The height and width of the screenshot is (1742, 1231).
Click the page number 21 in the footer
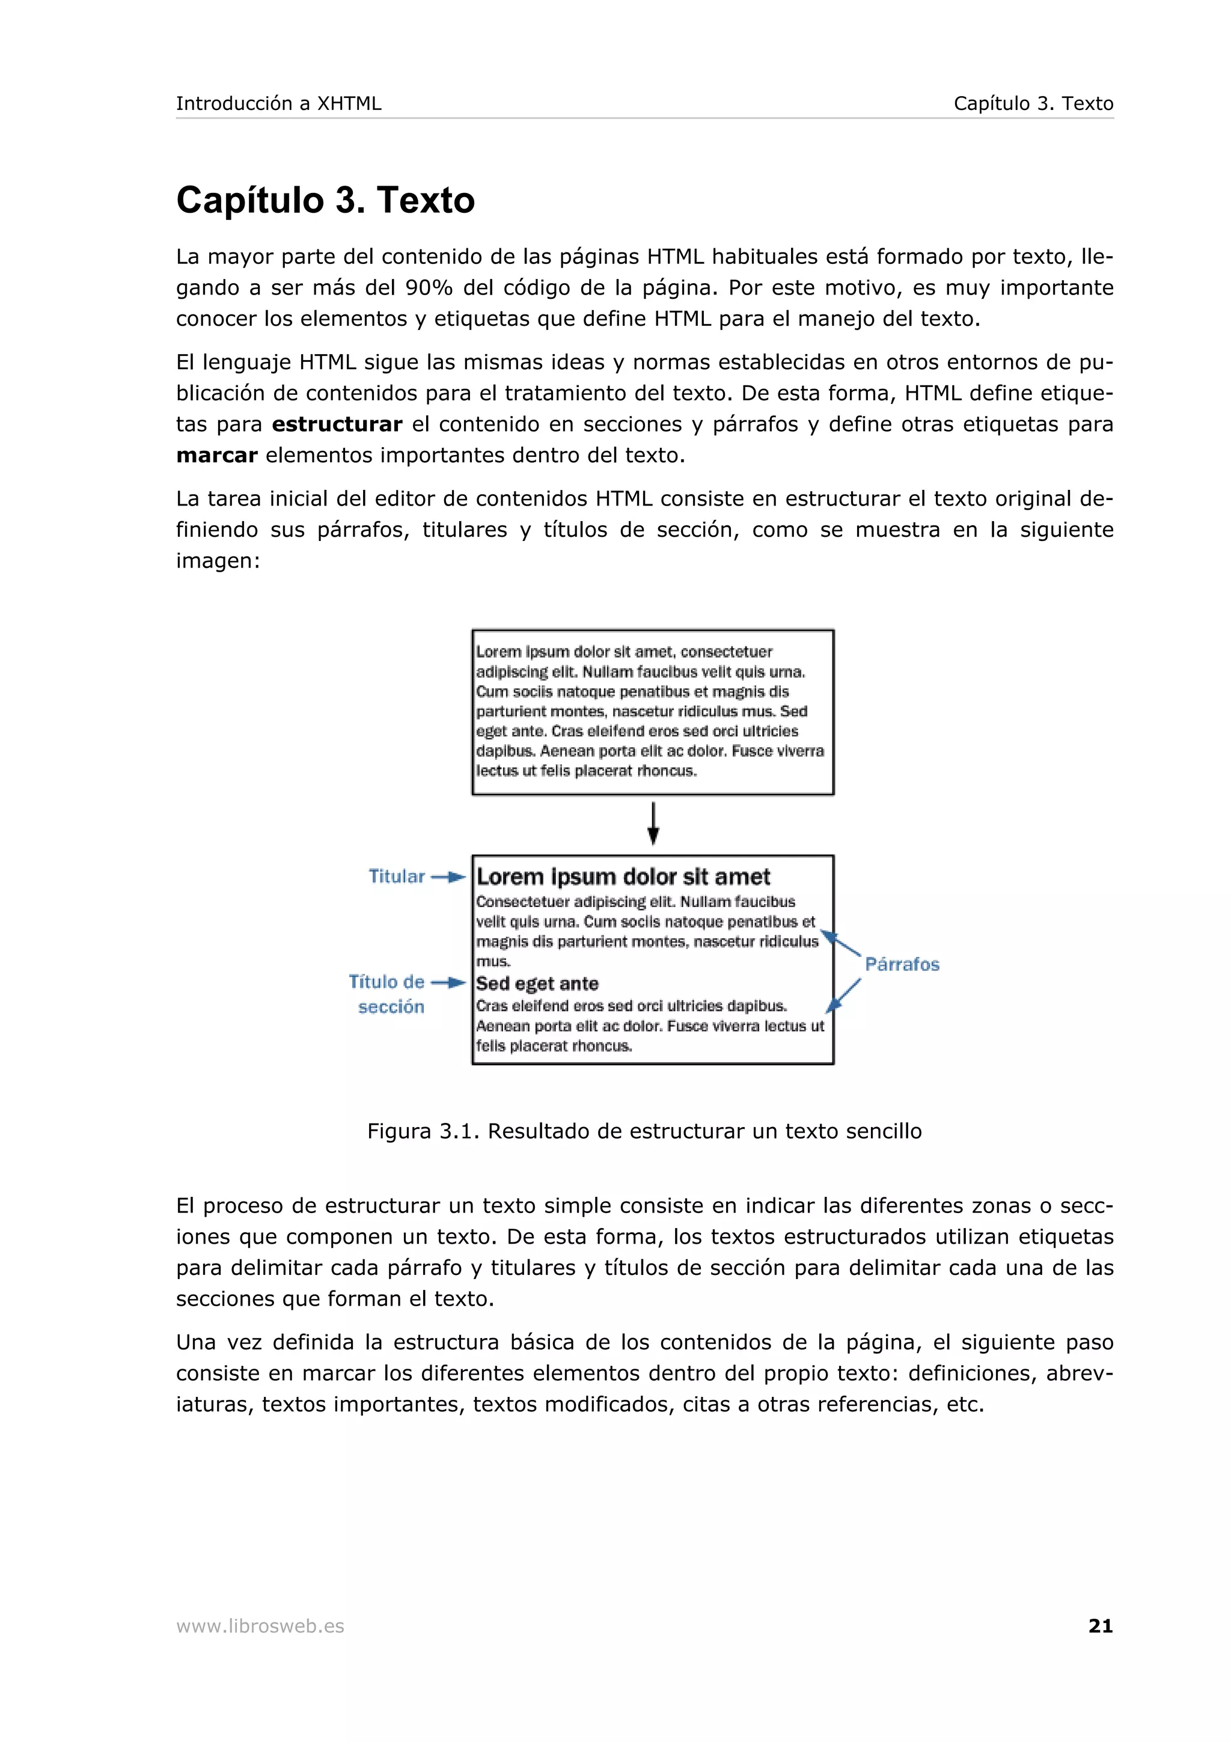[1100, 1625]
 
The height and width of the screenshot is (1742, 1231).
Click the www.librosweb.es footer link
[260, 1626]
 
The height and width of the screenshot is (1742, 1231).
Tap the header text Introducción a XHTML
[278, 103]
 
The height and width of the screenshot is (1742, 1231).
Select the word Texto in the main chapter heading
[426, 200]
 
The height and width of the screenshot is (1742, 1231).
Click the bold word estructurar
[337, 424]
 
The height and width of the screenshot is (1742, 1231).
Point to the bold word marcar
[216, 455]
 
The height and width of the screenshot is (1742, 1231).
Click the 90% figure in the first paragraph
[429, 287]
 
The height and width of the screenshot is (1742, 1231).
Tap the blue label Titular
[396, 876]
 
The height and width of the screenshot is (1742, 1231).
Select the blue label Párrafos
[902, 964]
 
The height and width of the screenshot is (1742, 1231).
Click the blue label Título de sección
[388, 994]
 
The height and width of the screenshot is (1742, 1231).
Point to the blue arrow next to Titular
[448, 877]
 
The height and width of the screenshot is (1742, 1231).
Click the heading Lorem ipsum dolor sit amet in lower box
[623, 877]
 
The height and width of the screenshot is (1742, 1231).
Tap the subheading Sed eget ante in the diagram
[537, 984]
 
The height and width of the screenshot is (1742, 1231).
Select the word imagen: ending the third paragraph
[218, 561]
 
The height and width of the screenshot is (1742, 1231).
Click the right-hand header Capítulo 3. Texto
[1033, 103]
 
